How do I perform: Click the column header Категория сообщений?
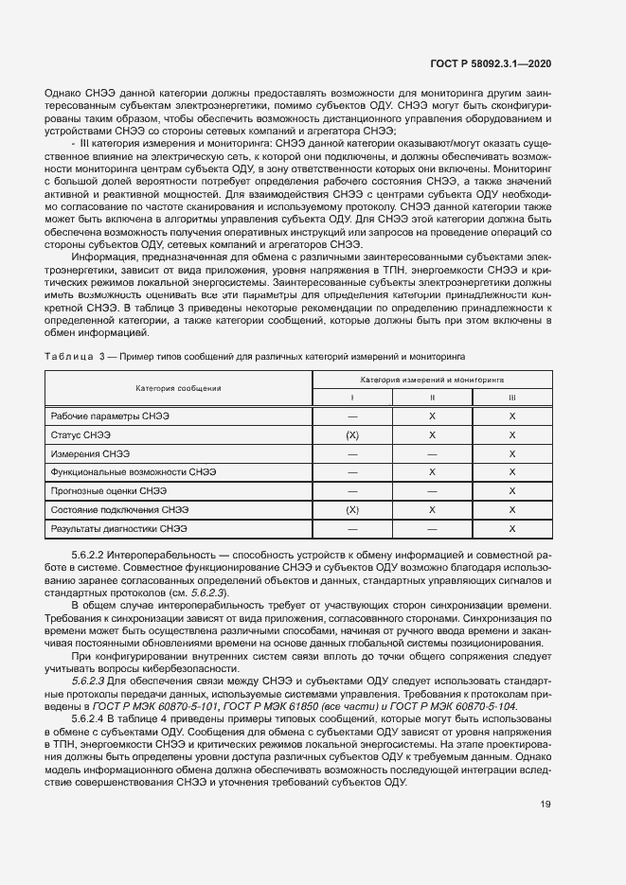178,388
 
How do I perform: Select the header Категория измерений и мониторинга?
432,379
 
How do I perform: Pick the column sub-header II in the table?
432,398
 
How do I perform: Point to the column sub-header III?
512,398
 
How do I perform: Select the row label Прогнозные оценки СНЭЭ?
109,492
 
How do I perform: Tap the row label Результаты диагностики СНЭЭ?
119,529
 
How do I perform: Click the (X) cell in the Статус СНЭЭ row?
352,435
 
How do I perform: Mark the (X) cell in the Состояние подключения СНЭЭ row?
352,510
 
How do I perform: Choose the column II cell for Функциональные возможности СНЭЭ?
432,472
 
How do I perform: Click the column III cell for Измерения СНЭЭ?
512,454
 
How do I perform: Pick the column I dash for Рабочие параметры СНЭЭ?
352,416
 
